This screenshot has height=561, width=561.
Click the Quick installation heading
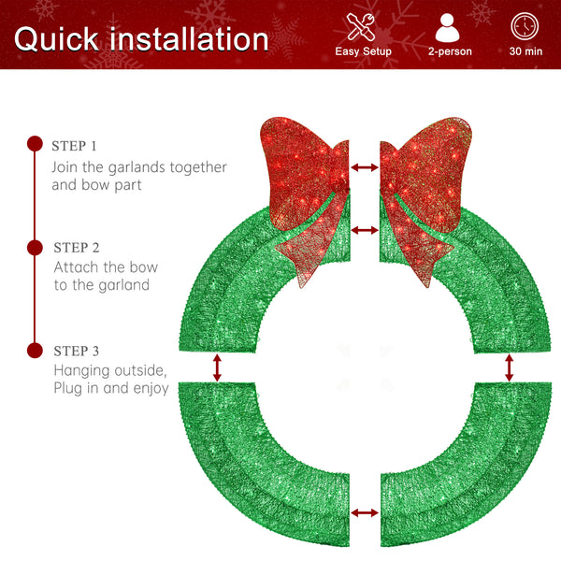coord(141,38)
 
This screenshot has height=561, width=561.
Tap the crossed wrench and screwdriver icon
coord(363,26)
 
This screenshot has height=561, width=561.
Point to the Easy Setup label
coord(363,51)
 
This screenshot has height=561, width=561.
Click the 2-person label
coord(449,51)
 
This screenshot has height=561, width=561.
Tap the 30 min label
coord(525,51)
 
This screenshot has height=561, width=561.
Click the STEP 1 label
coord(75,146)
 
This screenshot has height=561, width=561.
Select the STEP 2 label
coord(76,248)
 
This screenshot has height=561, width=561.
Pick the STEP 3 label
coord(76,351)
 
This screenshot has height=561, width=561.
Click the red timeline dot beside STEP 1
coord(35,144)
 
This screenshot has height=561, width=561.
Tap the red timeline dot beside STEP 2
coord(35,247)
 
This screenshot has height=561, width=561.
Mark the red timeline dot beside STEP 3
coord(35,350)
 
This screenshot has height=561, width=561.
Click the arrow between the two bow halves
coord(365,167)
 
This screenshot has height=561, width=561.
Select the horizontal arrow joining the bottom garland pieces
coord(365,512)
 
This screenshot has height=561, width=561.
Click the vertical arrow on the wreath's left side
coord(218,367)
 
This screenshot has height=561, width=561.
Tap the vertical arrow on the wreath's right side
coord(510,367)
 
